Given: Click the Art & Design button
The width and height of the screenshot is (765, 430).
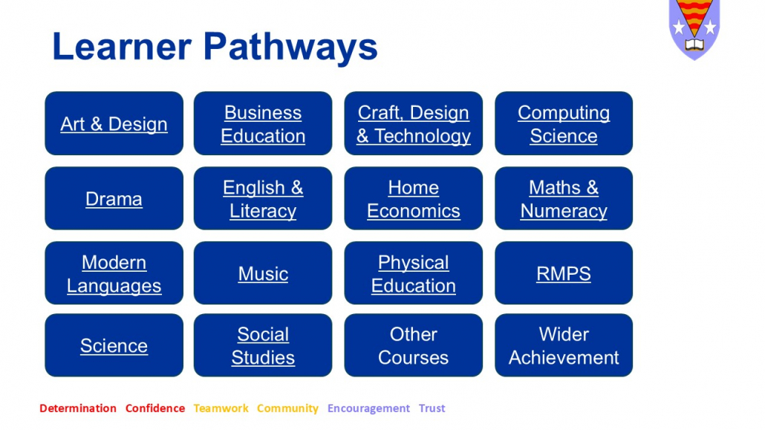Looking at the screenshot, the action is point(114,123).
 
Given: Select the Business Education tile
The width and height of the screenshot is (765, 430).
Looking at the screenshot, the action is point(263,123).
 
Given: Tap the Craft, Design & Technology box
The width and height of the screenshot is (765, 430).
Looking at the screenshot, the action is point(413,123).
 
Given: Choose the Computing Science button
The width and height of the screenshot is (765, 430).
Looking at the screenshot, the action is point(564,123).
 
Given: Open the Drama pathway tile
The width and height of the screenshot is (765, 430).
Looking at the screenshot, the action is point(114,198).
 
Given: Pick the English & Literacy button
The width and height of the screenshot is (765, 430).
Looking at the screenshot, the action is point(263,198).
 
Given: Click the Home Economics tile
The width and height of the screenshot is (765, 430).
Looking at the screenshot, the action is point(413,198).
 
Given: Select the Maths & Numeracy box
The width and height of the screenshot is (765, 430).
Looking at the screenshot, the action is point(564,198).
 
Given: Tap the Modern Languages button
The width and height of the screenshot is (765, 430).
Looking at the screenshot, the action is point(114,273).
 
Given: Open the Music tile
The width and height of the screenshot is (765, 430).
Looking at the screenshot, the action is point(263,273).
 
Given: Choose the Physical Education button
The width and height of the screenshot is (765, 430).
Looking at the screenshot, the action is point(413,273).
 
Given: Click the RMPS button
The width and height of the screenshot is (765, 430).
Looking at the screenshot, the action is point(564,273).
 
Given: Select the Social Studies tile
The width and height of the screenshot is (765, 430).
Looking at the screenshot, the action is point(263,345).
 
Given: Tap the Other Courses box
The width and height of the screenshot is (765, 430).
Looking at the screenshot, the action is point(413,345).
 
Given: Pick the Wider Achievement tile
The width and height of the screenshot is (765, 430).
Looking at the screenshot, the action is point(564,345).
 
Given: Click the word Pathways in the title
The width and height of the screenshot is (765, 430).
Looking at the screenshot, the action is point(290,48).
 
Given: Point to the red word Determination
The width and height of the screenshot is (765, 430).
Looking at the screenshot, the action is point(78,408).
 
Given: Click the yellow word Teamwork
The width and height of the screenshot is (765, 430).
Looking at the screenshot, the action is point(221,408).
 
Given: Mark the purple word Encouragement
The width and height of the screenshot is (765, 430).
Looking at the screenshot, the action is point(368,408).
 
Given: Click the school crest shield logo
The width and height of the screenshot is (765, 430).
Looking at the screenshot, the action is point(694,28).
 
